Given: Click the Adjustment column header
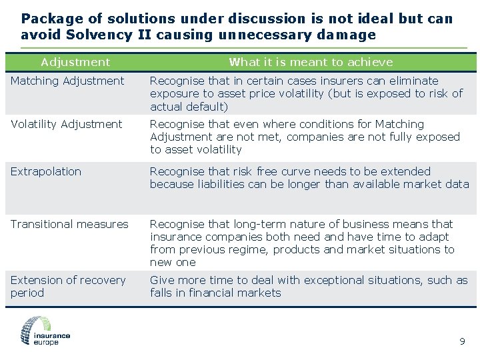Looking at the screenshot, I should click(75, 63).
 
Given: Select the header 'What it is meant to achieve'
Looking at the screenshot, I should click(311, 63).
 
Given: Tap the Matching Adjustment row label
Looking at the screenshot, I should click(67, 81).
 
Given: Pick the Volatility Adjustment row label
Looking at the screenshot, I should click(67, 125).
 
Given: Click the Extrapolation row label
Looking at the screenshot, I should click(46, 172).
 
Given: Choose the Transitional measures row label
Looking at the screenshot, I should click(69, 225).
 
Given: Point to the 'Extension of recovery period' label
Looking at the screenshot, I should click(67, 287).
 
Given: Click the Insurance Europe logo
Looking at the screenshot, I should click(45, 331).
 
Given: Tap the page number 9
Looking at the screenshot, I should click(462, 342).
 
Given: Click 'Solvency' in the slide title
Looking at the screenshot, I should click(93, 35).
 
